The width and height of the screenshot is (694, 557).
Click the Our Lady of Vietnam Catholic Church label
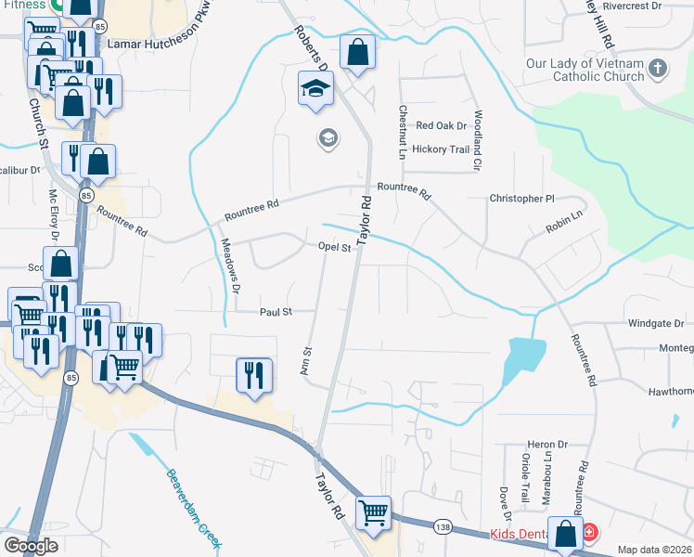(x=584, y=71)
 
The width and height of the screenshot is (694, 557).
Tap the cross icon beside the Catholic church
(x=657, y=67)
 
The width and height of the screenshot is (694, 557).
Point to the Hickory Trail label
(x=441, y=149)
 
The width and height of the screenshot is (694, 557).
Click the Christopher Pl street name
(x=521, y=199)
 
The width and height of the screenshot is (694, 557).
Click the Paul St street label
(x=276, y=312)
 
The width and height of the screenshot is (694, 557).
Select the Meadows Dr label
(x=231, y=266)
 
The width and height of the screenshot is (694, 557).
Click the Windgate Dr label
(x=655, y=324)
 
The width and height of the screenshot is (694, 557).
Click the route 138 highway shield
(x=443, y=527)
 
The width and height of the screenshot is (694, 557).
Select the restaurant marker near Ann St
(x=253, y=375)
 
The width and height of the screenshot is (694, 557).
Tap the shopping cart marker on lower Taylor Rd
(x=372, y=511)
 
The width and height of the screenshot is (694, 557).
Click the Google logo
(x=32, y=546)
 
